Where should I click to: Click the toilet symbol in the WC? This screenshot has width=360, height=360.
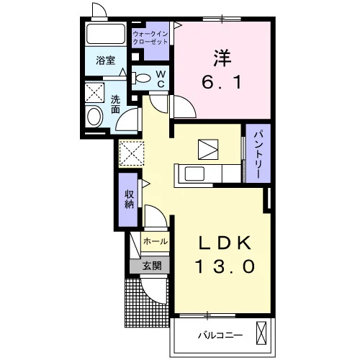pos(141,78)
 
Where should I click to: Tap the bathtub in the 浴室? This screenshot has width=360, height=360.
pos(106,33)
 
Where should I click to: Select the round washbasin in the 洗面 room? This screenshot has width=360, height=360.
pos(94,117)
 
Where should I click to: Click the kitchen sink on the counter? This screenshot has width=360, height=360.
pos(194,174)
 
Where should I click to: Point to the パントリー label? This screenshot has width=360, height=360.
pos(258,155)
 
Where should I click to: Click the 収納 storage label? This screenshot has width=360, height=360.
pos(129,199)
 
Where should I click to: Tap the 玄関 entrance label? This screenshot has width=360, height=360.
pos(152,266)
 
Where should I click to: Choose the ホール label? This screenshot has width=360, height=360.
pos(156,241)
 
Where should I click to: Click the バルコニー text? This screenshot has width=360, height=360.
pos(220,335)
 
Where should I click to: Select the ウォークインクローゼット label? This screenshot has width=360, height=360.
pos(150,38)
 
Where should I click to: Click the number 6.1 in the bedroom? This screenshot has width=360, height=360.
pos(221,82)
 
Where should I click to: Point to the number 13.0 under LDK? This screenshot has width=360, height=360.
pos(225,266)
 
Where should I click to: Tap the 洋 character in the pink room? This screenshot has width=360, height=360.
pos(222,58)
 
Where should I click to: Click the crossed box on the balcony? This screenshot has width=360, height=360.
pos(261,333)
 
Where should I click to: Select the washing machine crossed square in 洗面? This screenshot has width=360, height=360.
pos(94,93)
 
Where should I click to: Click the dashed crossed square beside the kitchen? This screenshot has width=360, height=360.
pos(132,153)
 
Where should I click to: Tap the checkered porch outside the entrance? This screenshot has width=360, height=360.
pos(146,303)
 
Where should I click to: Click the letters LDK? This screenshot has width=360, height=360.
pos(225,243)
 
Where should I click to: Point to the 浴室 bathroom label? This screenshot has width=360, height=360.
pos(106,60)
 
